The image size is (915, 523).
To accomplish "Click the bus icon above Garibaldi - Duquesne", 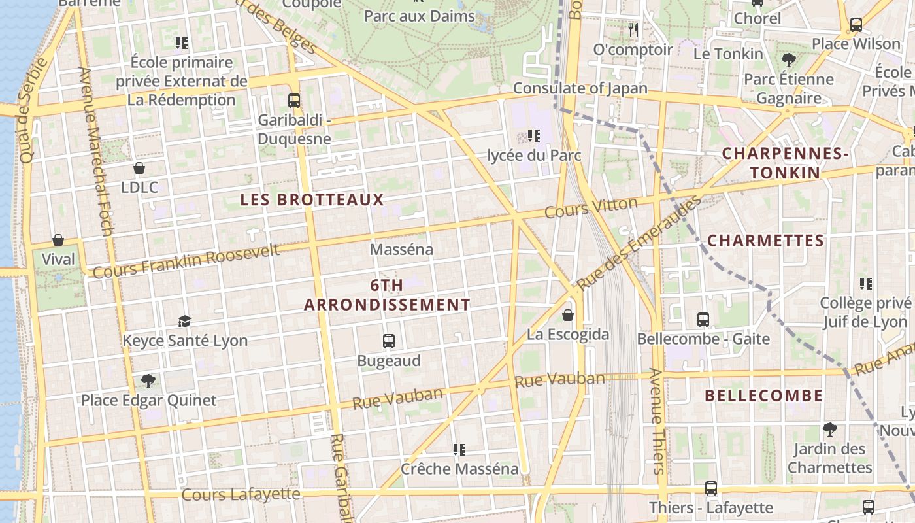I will coord(294,101).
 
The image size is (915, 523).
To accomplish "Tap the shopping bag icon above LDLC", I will coord(139,168).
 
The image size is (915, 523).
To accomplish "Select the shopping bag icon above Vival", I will coord(58,240).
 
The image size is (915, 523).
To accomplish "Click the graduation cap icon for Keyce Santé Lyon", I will coord(185,321).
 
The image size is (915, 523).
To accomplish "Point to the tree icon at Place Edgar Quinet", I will coord(148,380).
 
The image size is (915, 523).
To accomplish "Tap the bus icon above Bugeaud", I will coord(389,341).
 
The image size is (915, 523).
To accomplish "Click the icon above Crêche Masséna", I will coord(459,450).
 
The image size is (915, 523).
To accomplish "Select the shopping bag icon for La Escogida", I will coord(568,315).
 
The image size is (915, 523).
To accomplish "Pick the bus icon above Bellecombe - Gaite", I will coord(703,320).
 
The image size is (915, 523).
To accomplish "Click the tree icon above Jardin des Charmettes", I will coord(830,430).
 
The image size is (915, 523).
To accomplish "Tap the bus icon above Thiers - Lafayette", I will coord(711,488).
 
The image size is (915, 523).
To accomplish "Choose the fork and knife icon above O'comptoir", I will coord(633,29).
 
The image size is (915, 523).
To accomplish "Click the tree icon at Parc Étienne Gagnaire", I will coord(789,60).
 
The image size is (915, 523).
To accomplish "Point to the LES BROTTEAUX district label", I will coord(312,200).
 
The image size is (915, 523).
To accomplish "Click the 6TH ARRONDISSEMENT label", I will coord(387,295).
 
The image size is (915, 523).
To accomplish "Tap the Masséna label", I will coord(401,249).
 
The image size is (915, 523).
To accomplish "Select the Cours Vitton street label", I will coord(591,208).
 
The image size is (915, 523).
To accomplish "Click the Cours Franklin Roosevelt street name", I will coord(186,260).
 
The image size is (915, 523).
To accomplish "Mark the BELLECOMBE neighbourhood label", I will coord(764,396).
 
